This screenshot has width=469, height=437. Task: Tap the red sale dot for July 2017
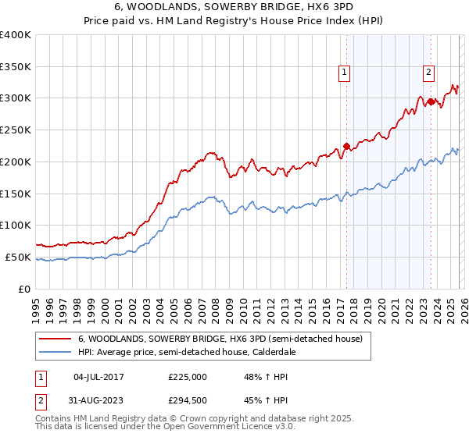click(346, 146)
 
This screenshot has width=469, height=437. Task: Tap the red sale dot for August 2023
click(431, 101)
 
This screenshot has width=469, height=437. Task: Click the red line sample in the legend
click(55, 339)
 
